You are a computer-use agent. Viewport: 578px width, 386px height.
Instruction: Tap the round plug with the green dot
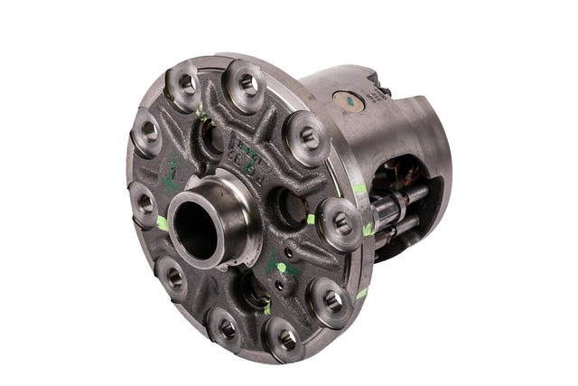pyautogui.click(x=347, y=100)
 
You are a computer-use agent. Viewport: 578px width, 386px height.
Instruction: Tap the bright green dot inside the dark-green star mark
pyautogui.click(x=282, y=268)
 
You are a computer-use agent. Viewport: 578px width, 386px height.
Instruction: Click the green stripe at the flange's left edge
pyautogui.click(x=162, y=222)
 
